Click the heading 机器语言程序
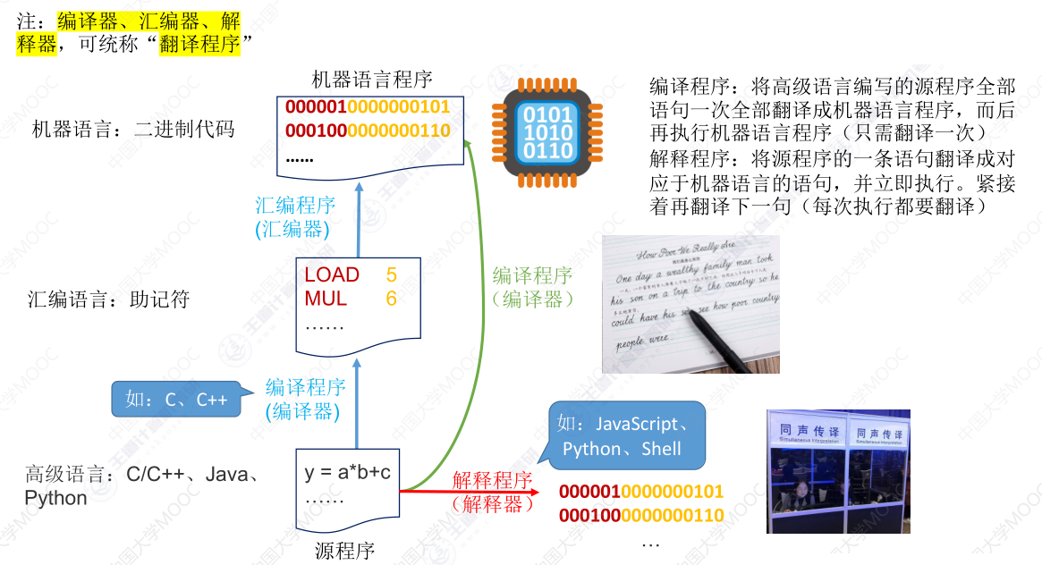coord(372,80)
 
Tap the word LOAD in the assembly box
coord(332,274)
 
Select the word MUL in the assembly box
coord(326,299)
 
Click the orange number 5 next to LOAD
coord(392,274)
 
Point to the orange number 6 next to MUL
coord(392,299)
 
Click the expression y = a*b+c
coord(348,472)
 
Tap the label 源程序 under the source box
coord(345,550)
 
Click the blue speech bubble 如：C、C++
coord(177,400)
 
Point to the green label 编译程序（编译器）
coord(533,288)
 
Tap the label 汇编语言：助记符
coord(108,299)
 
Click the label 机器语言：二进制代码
coord(132,130)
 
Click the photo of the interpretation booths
coord(838,471)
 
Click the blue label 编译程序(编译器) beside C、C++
coord(304,399)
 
